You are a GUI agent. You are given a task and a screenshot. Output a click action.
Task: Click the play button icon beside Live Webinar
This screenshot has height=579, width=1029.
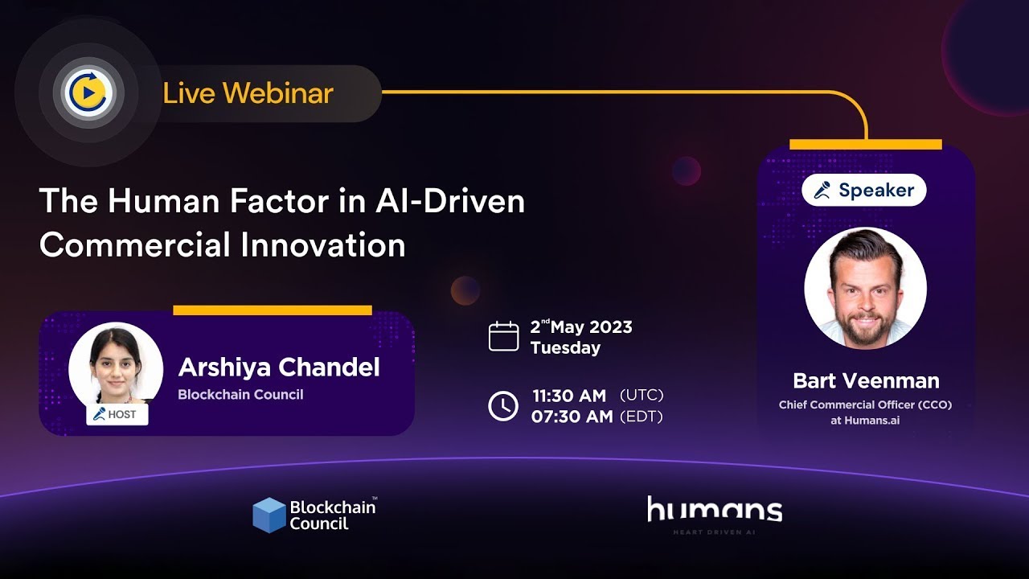tap(88, 92)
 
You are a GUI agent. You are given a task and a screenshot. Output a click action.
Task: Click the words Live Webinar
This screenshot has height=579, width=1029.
tap(248, 93)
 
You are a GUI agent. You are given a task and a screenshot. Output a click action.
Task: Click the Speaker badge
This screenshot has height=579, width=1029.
tap(864, 190)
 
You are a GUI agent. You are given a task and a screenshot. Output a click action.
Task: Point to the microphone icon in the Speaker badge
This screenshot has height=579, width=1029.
tap(822, 191)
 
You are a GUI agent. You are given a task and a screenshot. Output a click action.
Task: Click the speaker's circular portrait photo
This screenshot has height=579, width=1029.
tap(866, 288)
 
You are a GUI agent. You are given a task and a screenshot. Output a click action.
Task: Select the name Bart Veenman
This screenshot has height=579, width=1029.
tap(866, 381)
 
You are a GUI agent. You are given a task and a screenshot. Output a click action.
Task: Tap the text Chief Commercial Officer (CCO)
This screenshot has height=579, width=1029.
tap(865, 404)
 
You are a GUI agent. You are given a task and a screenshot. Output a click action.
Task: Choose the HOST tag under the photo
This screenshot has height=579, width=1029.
tap(117, 414)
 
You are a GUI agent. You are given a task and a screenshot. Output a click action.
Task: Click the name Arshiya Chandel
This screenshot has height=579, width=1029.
tap(279, 368)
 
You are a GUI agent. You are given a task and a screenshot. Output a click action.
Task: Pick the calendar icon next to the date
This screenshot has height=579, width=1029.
tap(503, 336)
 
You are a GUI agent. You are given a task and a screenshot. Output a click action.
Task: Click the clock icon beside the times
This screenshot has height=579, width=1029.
tap(503, 406)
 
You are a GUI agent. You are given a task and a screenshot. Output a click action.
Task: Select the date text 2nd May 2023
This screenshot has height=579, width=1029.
tap(581, 326)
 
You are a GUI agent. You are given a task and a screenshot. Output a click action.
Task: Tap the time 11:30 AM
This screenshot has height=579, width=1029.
tap(569, 396)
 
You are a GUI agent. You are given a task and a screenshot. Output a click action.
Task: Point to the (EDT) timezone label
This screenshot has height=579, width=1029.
tap(642, 417)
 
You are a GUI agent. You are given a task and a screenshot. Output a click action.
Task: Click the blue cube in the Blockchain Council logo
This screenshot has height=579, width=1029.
tap(269, 515)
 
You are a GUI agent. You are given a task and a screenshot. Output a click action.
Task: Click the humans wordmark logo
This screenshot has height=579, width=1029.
tap(715, 509)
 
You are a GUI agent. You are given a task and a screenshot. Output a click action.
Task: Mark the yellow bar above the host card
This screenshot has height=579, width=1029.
tap(273, 310)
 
